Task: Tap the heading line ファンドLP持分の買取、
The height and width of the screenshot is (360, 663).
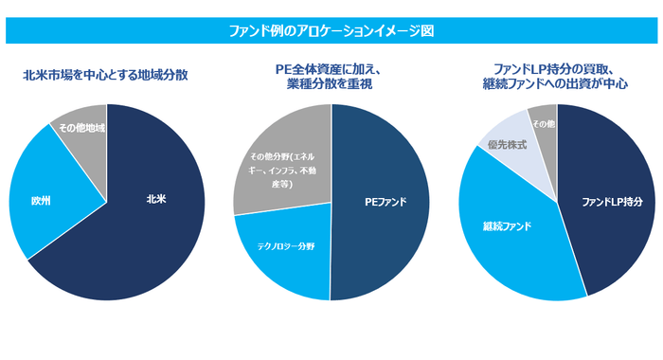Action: point(555,68)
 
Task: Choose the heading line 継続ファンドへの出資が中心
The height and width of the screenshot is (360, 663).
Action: point(555,84)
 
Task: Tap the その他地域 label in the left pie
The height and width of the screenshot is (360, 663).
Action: point(81,128)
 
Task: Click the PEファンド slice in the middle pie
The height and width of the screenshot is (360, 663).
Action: point(385,202)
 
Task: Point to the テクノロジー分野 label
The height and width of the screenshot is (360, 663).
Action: point(284,244)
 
